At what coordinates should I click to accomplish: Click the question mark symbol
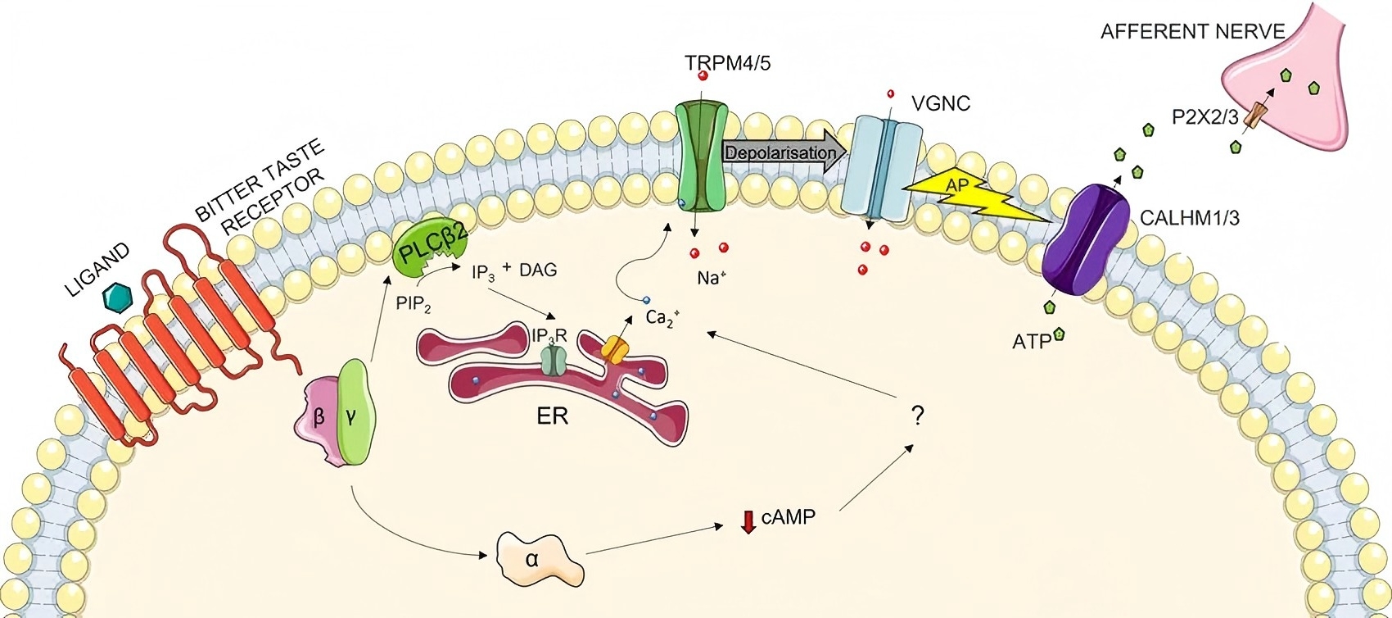917,417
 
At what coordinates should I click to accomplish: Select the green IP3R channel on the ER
554,358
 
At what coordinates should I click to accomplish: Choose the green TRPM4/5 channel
700,156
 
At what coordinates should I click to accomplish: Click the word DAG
537,270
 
